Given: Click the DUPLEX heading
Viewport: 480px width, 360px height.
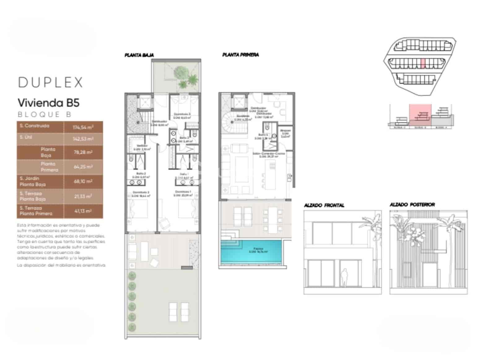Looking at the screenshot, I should pos(50,82).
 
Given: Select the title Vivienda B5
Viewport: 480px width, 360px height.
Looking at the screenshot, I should pos(49,103).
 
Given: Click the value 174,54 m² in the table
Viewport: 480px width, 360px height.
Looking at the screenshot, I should pos(83,127).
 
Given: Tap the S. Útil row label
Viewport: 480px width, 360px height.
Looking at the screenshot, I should pos(26,137).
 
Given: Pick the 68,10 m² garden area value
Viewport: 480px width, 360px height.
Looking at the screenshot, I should pos(83,181).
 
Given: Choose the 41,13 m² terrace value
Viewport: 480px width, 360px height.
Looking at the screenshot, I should pos(83,211).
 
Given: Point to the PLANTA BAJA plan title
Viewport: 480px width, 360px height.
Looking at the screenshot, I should pos(139,55).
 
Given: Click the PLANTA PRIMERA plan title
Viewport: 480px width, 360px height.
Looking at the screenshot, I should pos(241,55).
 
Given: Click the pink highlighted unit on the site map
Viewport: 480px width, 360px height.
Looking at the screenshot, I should pos(423,63).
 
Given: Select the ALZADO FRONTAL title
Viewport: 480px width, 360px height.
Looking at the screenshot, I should pos(324,205).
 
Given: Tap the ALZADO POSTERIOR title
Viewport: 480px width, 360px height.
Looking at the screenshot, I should pos(412,205).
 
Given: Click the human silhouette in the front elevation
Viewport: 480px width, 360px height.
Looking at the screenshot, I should pos(344,277).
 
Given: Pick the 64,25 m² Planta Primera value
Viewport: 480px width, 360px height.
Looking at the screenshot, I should pos(83,167).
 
